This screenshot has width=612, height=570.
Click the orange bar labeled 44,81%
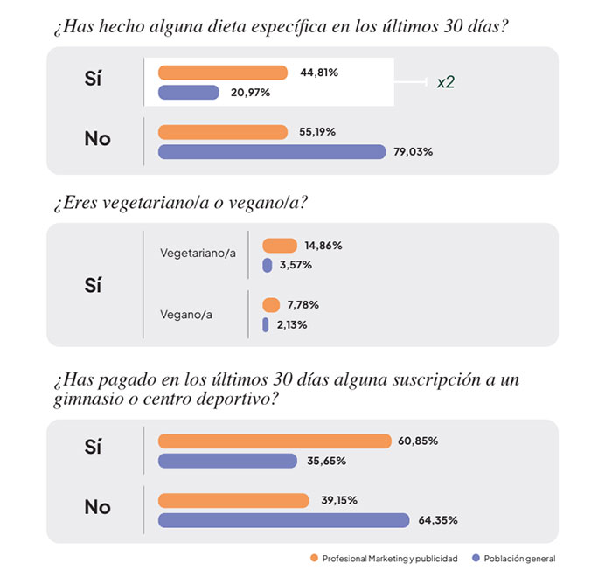coord(222,73)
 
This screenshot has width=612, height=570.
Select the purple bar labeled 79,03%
coord(271,151)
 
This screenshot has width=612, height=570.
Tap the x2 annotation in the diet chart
coord(446,82)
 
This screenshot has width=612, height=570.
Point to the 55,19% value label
coord(317,132)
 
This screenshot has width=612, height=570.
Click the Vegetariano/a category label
coord(198,253)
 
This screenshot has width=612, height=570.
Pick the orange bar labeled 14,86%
coord(280,246)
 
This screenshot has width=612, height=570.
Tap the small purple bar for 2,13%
coord(266,325)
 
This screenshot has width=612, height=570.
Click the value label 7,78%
coord(302,305)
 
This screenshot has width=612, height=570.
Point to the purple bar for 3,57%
coord(268,265)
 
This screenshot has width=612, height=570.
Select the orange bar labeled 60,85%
coord(275,441)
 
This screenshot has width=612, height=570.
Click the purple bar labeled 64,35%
coord(283,520)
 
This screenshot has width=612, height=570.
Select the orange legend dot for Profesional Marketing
coord(313,558)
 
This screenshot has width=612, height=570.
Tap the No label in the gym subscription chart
coord(97,507)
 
